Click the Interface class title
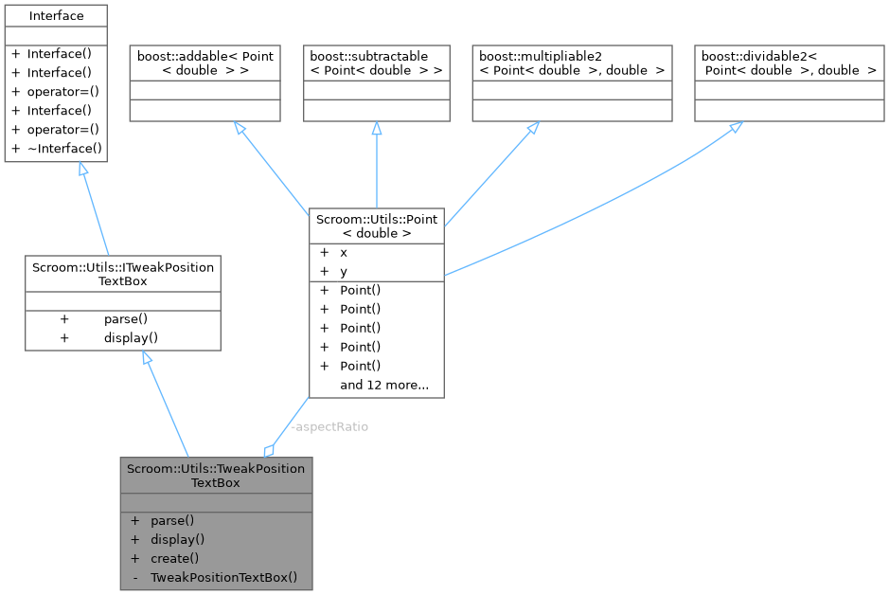(x=56, y=16)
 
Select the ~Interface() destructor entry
(x=64, y=149)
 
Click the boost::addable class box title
(x=204, y=63)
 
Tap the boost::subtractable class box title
(x=376, y=63)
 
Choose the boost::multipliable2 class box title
(x=572, y=63)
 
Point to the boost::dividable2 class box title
(x=789, y=63)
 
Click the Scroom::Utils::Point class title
(x=377, y=225)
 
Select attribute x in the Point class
(x=344, y=253)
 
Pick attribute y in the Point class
(x=344, y=271)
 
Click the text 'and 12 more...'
(x=384, y=385)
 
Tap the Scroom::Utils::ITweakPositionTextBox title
(x=122, y=274)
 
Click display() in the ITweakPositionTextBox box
(x=131, y=337)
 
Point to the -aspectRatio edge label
(x=329, y=426)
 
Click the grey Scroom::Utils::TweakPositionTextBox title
(x=216, y=475)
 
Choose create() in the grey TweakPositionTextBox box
(x=174, y=558)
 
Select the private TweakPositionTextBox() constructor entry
(x=223, y=577)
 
